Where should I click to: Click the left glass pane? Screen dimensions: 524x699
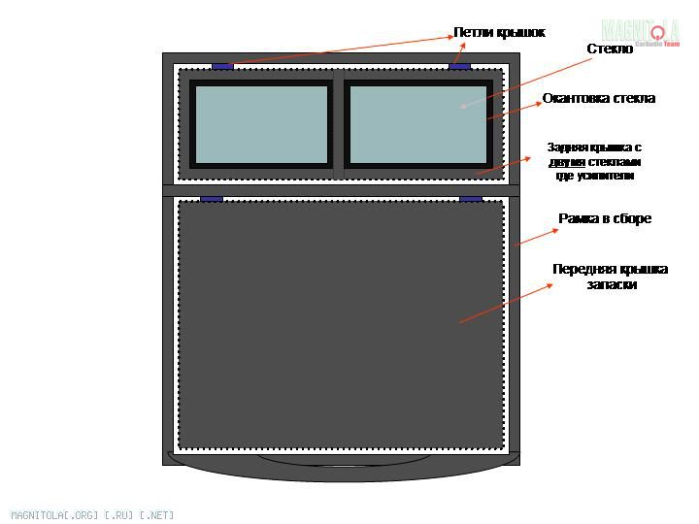point(261,123)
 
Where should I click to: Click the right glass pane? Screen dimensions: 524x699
point(417,123)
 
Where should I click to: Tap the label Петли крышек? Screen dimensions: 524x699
point(499,32)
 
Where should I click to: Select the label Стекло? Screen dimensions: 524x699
point(610,49)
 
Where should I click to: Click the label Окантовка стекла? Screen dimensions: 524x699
point(598,98)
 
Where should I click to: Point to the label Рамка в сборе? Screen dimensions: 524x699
point(604,218)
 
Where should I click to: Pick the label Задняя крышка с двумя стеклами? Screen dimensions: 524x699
point(594,161)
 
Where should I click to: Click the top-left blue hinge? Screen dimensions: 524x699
point(222,66)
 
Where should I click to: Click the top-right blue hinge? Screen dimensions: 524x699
point(459,66)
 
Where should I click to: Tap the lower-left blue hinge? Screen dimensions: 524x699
point(212,199)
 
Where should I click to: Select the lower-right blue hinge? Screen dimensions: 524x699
point(471,199)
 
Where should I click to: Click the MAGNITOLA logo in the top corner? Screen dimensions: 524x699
point(640,33)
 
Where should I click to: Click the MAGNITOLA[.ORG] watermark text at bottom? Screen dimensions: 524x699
point(92,514)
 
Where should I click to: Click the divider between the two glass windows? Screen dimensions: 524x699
point(338,123)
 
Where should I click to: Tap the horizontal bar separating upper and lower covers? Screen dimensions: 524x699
point(340,189)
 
